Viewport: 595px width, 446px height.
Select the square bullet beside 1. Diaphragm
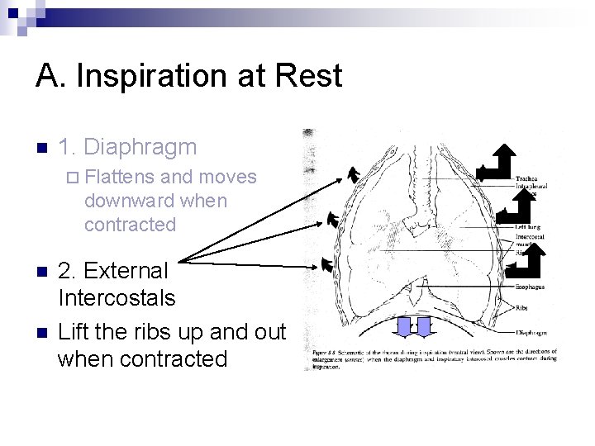tap(40, 149)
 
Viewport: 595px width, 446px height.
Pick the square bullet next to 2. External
tap(40, 272)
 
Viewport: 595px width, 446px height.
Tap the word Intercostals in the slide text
tap(117, 297)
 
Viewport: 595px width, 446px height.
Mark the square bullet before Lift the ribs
tap(40, 333)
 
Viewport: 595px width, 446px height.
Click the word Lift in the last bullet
tap(72, 332)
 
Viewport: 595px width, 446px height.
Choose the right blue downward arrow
tap(424, 326)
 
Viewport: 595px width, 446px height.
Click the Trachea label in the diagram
tap(528, 178)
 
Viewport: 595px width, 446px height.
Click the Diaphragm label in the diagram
tap(531, 333)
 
